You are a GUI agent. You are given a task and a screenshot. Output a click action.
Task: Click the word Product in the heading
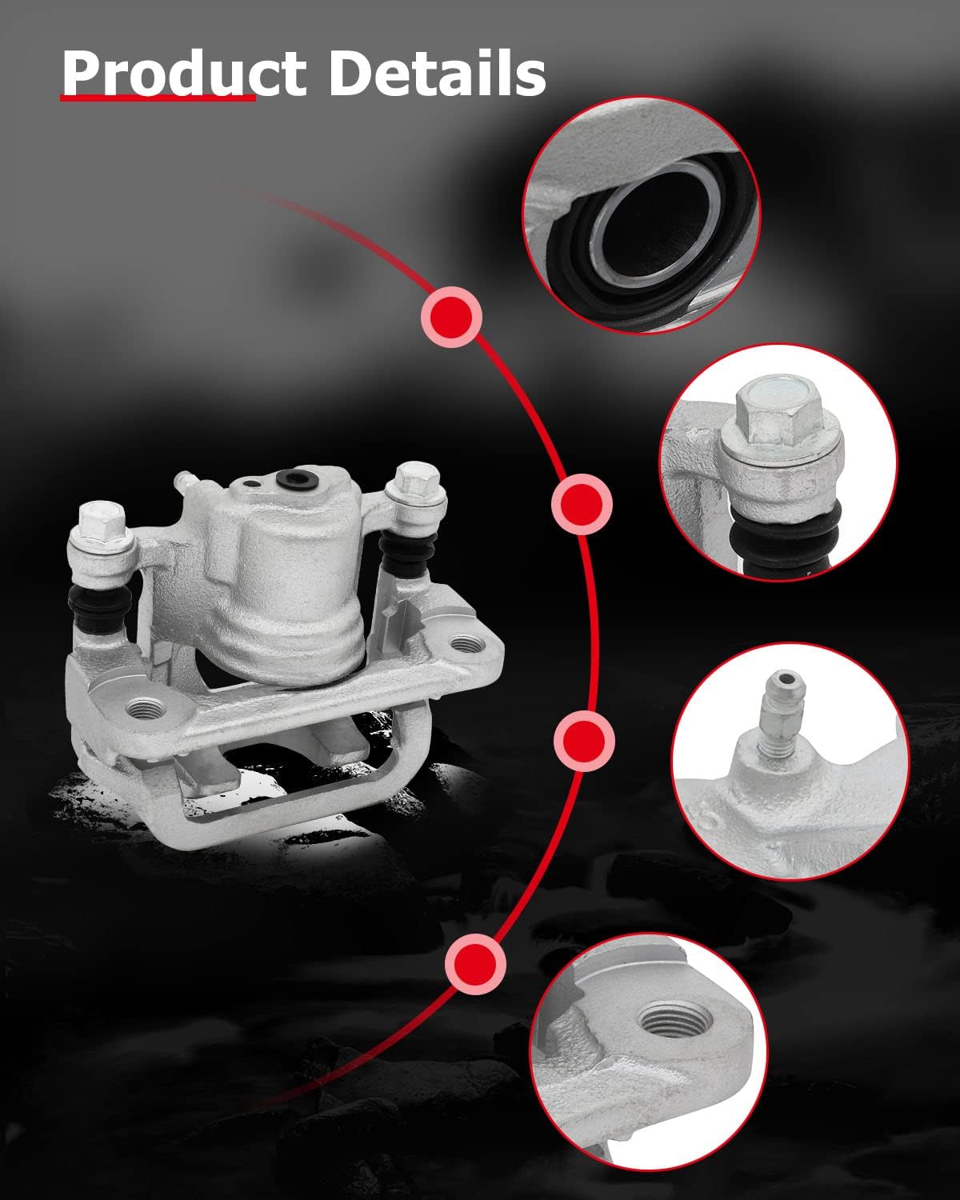point(183,74)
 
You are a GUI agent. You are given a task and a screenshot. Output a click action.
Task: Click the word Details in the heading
point(437,74)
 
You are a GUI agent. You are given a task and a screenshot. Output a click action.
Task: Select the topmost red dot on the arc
point(451,316)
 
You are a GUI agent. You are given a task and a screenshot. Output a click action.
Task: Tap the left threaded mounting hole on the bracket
point(146,708)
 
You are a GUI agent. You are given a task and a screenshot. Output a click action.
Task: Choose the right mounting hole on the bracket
point(465,643)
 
